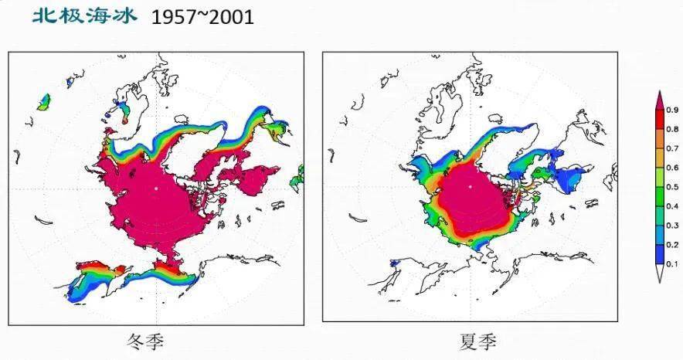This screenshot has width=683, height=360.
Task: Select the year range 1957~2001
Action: [202, 16]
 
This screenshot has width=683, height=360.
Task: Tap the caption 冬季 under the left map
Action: [145, 341]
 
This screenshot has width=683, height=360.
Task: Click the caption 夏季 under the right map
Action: [474, 341]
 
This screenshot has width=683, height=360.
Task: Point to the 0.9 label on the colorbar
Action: [671, 110]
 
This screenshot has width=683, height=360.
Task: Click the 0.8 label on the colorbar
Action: [671, 129]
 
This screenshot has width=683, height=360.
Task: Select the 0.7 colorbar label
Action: [671, 148]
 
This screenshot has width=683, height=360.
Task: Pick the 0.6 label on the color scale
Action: [671, 168]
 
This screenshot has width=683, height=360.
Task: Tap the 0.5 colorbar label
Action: [671, 187]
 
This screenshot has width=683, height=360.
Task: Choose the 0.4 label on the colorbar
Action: [671, 206]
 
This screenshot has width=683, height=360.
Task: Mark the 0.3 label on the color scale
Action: [671, 226]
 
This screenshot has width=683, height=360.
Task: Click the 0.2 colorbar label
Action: [671, 245]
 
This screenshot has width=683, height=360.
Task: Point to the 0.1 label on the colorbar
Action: [671, 264]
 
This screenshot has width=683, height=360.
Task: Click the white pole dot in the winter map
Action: [155, 188]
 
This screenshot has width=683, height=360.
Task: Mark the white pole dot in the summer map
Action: [471, 186]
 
